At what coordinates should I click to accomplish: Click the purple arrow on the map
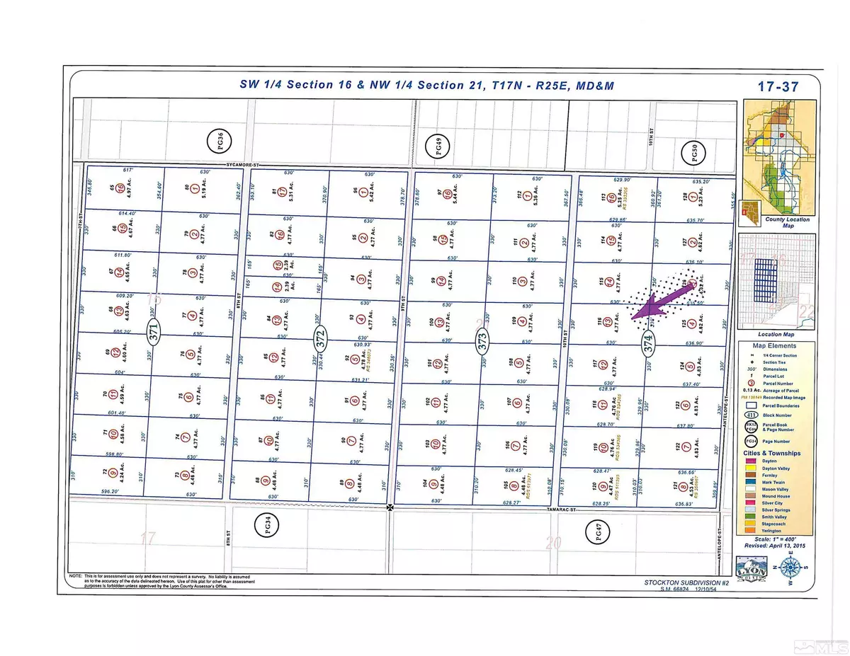click(655, 302)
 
